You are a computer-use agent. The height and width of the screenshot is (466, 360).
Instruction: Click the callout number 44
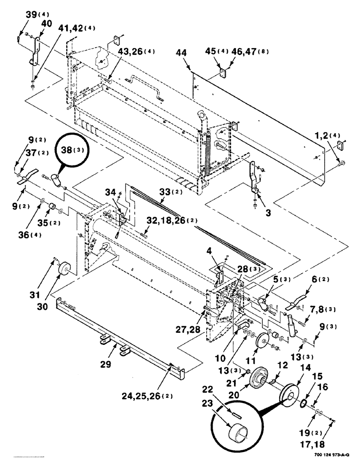point(182,55)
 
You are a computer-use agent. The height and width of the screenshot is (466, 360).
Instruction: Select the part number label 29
point(106,365)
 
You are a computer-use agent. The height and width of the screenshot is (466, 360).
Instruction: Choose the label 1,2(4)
point(328,136)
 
